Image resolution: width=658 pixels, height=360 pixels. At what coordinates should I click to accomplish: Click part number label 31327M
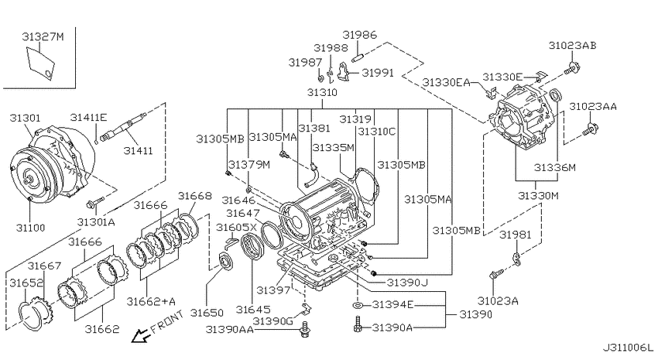[43, 37]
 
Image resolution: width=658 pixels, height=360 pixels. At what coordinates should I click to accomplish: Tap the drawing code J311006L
[629, 348]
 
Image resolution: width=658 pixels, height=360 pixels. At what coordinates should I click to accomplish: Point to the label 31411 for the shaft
[138, 150]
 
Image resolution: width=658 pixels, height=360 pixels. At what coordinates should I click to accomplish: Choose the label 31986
[360, 35]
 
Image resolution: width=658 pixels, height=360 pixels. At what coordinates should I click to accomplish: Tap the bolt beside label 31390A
[358, 324]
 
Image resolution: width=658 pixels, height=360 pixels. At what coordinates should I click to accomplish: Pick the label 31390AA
[230, 329]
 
